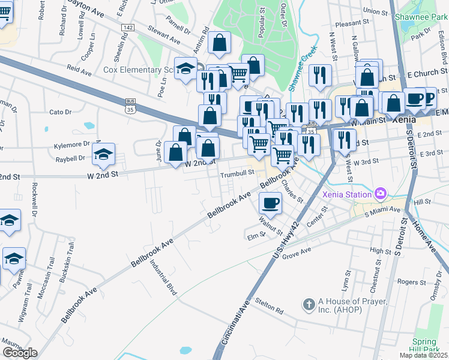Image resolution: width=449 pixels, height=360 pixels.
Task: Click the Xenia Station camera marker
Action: [x=380, y=194]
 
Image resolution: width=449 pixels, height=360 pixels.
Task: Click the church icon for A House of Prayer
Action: [x=309, y=305]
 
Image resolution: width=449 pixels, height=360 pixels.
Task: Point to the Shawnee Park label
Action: [x=421, y=17]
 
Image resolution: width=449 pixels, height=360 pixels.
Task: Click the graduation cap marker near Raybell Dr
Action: [x=103, y=155]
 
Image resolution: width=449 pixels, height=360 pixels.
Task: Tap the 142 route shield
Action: [x=127, y=28]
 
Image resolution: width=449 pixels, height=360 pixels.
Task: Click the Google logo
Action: [x=20, y=353]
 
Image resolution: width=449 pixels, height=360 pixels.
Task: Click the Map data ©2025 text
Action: [x=423, y=355]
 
